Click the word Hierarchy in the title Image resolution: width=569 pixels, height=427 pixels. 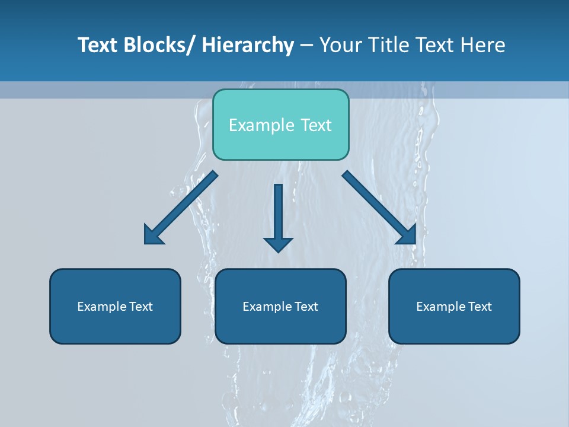(x=248, y=45)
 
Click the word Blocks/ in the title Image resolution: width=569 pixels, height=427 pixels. (x=157, y=45)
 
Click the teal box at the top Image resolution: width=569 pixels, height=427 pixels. (x=280, y=125)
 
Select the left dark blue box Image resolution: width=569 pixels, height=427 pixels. (x=115, y=306)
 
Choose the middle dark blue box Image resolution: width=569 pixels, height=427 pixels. (x=280, y=306)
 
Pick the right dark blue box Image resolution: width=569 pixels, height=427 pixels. (x=454, y=306)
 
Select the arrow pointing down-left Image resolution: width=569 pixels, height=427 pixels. (x=181, y=208)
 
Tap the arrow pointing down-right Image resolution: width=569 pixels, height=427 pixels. (x=379, y=208)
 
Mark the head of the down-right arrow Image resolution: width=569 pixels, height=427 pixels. (x=407, y=235)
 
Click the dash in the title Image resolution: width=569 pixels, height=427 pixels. (x=306, y=45)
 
